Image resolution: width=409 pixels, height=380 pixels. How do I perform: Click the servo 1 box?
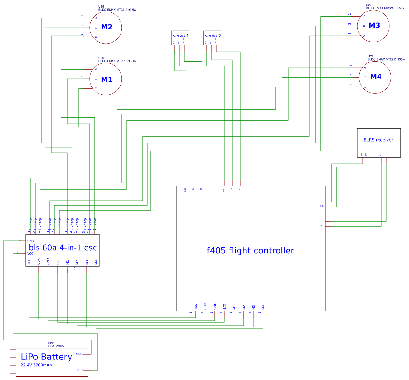click(180, 38)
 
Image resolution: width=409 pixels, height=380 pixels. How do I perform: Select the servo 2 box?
click(212, 38)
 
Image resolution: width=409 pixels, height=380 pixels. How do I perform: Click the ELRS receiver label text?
click(378, 140)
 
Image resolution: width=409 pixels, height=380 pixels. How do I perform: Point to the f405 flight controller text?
click(250, 251)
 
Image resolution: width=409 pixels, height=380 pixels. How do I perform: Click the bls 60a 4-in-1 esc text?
click(63, 248)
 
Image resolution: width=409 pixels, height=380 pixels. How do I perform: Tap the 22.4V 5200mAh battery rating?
click(36, 365)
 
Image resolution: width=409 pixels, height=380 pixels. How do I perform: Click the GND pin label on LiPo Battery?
click(79, 354)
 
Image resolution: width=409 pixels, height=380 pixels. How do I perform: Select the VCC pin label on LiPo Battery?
click(79, 370)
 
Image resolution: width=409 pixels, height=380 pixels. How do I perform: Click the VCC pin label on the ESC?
click(30, 254)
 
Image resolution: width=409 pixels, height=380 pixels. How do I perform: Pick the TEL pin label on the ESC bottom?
click(29, 262)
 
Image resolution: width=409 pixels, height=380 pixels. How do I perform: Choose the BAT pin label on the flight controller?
click(225, 307)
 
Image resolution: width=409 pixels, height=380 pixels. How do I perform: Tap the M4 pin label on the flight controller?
click(263, 307)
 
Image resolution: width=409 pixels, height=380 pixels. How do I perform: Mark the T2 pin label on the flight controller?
click(322, 221)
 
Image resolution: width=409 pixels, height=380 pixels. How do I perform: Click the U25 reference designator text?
click(101, 7)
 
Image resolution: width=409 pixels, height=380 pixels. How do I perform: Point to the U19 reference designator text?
click(370, 56)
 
